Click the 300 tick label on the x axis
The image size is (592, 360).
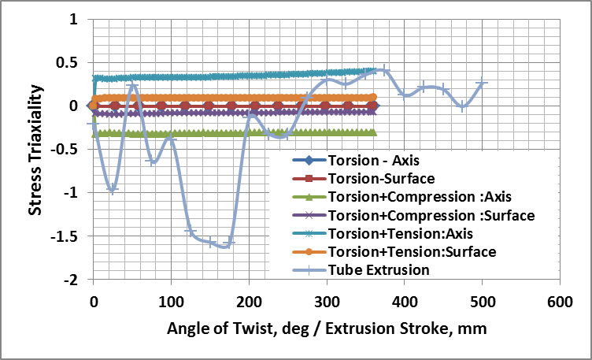248,302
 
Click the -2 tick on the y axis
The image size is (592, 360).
71,280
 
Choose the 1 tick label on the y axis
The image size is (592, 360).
74,19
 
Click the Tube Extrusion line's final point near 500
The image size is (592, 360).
482,83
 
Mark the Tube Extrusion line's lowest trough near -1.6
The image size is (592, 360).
226,247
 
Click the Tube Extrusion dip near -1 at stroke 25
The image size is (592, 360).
113,190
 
